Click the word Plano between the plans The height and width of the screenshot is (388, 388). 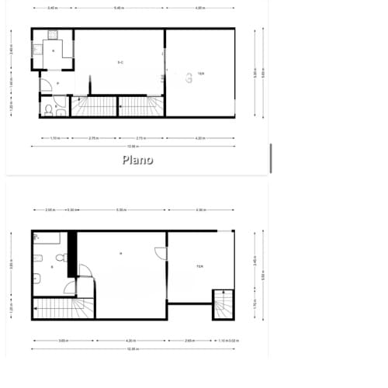137,160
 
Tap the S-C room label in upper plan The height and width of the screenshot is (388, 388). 120,61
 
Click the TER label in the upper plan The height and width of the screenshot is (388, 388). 201,73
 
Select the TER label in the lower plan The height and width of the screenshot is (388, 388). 199,266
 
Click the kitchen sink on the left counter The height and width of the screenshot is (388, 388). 36,46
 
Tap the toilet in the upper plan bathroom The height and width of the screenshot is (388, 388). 48,110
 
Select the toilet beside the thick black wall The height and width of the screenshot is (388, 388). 63,255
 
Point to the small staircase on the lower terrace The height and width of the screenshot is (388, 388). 223,303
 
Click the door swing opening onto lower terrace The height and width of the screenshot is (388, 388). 160,254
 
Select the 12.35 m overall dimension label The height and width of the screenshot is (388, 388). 133,348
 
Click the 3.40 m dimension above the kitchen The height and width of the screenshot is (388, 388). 52,8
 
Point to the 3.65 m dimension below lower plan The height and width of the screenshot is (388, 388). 61,340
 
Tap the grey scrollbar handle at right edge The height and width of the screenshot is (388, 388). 270,158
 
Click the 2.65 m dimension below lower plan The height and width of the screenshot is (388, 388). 189,340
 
